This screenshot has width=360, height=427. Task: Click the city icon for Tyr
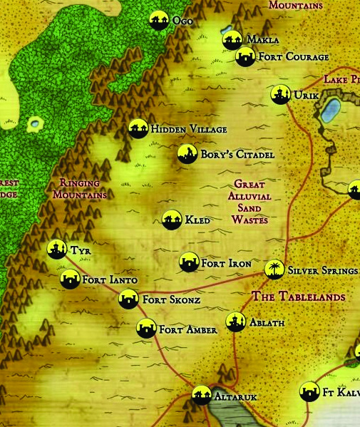click(x=56, y=249)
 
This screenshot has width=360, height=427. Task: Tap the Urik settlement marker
click(x=280, y=94)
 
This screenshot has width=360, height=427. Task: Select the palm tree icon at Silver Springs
click(x=274, y=269)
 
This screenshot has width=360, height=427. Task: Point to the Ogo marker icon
click(x=159, y=21)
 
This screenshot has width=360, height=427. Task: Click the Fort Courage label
click(x=293, y=57)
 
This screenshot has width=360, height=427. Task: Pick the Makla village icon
click(x=232, y=40)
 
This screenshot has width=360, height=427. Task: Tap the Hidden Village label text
click(x=188, y=130)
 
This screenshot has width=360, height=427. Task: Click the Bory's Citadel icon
click(x=187, y=154)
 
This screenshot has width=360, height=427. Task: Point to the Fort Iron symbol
click(x=189, y=263)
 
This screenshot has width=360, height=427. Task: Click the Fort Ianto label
click(x=110, y=280)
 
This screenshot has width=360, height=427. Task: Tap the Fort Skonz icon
click(x=128, y=300)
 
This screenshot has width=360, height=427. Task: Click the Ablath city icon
click(x=235, y=322)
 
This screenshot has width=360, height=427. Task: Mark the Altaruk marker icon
click(x=201, y=394)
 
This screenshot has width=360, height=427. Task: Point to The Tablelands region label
click(x=299, y=297)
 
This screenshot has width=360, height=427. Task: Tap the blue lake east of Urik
click(x=329, y=110)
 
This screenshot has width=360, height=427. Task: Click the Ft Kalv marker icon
click(x=309, y=391)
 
